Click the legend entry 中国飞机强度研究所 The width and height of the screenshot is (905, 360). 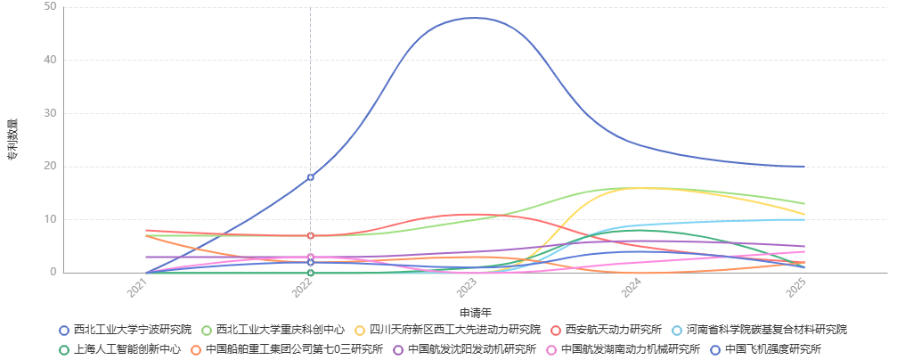(x=772, y=349)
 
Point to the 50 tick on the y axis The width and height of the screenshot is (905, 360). (x=50, y=7)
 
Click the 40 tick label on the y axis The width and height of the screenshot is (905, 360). (x=50, y=60)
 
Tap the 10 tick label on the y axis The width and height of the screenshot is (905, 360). (x=50, y=219)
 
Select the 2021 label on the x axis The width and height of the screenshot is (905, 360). (x=138, y=287)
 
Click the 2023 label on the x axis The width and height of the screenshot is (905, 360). (x=467, y=287)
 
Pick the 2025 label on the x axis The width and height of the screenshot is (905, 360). (x=796, y=287)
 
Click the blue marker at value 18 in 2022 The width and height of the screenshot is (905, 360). (x=310, y=177)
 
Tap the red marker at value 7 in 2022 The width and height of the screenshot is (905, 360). (x=310, y=235)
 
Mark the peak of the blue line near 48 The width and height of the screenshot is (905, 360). (x=475, y=18)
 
